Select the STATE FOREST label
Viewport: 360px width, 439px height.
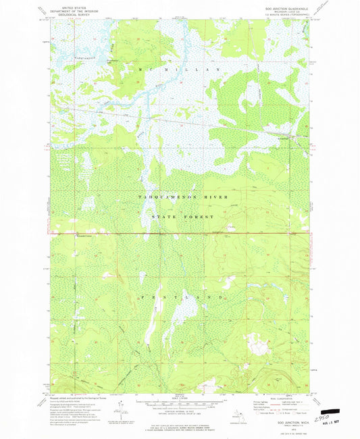tap(179, 216)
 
